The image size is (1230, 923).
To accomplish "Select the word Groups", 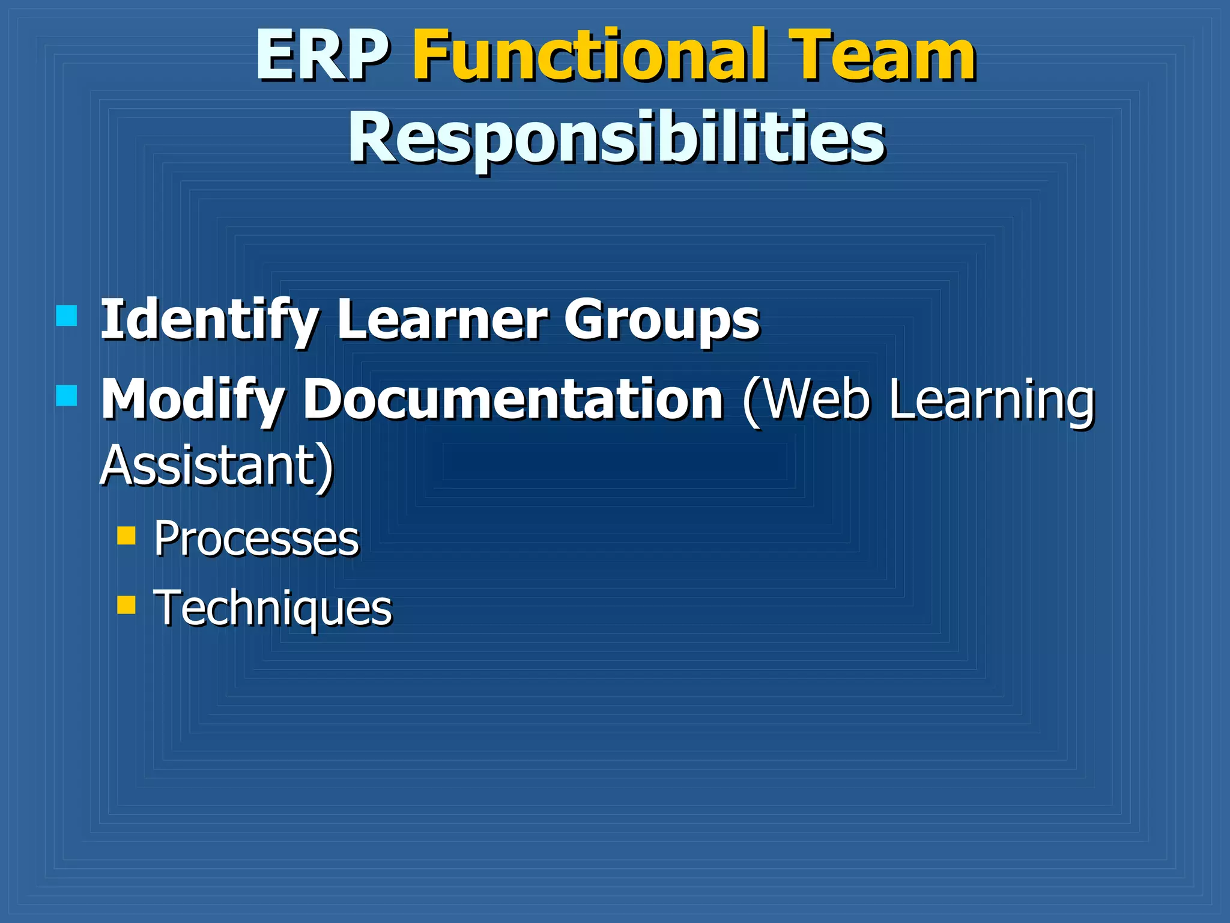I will click(661, 320).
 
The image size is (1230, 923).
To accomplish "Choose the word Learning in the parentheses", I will click(992, 400).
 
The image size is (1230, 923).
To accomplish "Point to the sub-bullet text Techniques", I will click(273, 608).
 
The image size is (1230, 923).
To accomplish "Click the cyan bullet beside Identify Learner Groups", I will click(66, 315).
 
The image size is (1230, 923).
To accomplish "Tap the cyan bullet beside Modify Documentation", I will click(66, 395).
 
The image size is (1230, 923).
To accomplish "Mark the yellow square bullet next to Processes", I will click(126, 535).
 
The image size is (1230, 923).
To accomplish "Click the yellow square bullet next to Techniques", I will click(126, 605).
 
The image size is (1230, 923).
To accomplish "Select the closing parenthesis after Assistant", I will click(325, 467).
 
